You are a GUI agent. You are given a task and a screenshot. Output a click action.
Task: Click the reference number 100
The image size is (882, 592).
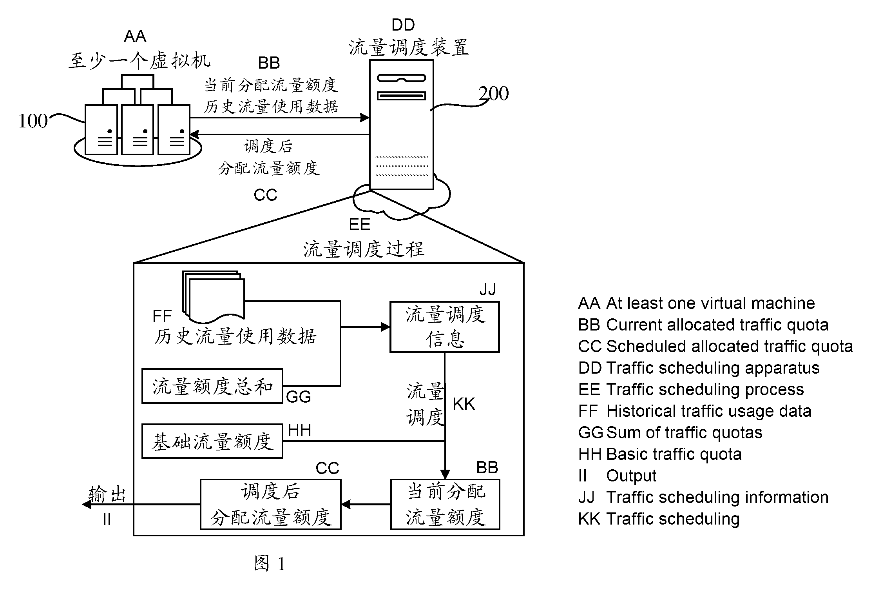33,121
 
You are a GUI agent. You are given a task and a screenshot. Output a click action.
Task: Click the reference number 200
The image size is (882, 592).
493,93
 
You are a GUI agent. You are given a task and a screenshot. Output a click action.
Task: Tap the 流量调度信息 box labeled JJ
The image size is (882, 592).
444,327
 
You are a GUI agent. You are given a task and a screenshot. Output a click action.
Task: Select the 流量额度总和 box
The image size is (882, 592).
212,386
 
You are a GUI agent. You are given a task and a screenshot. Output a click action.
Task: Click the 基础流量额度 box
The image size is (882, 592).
212,441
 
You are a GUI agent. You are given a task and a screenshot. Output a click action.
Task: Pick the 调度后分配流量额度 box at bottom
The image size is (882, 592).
271,504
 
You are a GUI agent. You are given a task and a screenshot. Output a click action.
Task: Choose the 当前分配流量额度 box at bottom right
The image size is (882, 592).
445,504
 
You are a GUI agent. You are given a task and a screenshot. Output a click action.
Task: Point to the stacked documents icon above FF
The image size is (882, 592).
213,295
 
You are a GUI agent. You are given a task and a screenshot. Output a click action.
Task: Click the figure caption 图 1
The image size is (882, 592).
269,564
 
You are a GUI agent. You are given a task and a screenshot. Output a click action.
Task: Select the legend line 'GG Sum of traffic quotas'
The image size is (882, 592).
670,433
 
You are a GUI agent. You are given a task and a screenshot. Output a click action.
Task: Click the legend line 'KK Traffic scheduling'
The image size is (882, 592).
659,519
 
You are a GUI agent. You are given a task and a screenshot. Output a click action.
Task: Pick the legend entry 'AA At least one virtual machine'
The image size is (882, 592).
697,303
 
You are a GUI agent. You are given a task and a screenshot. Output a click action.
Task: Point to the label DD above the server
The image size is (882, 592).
403,25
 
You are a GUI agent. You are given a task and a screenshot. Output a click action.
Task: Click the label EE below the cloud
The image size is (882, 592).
360,225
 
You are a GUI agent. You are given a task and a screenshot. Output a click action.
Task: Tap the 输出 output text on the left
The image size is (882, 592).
107,494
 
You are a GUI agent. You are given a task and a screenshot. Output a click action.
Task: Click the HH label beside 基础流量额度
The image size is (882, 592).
299,430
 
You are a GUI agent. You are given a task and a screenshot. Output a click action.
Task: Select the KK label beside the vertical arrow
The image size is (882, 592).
464,404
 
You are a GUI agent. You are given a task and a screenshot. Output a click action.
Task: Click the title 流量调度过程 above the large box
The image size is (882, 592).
364,249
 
